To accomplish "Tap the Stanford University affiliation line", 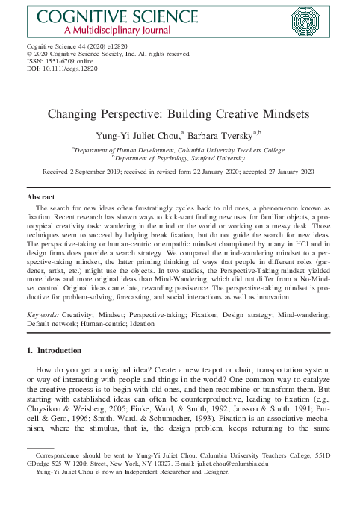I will [x=181, y=157].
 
